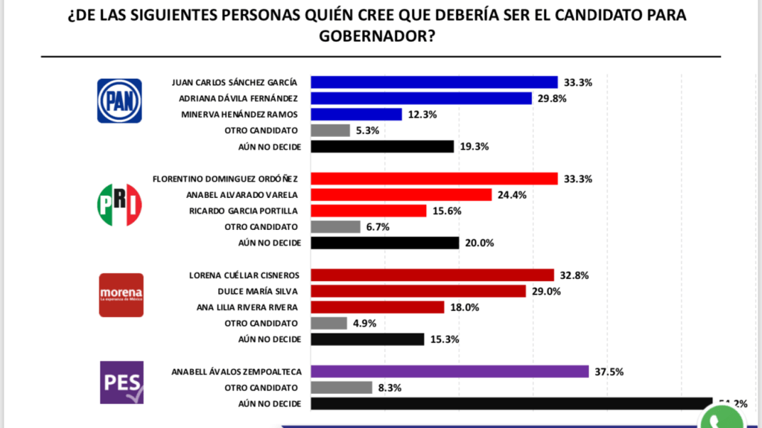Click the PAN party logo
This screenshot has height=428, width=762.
[120, 101]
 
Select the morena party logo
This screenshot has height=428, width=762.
[121, 295]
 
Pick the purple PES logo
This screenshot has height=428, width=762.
[121, 383]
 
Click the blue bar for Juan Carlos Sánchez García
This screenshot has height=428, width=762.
[434, 82]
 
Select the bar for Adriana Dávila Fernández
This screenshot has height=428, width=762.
[421, 98]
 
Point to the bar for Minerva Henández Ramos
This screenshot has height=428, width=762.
[356, 114]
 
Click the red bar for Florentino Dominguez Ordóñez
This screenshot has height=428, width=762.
[434, 179]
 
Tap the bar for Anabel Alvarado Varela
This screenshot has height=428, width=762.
[401, 195]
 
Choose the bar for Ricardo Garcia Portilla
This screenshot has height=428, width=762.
[368, 211]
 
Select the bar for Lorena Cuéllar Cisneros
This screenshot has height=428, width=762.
[432, 275]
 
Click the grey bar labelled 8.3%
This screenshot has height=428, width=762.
[341, 387]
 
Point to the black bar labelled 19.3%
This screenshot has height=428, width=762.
[381, 147]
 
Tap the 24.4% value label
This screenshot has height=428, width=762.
[512, 195]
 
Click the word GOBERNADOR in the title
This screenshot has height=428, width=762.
[380, 36]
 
